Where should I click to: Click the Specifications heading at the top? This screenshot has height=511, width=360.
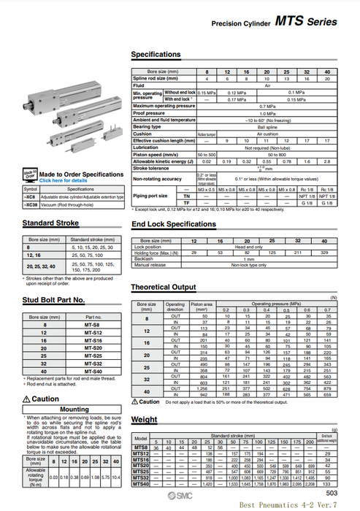(156, 55)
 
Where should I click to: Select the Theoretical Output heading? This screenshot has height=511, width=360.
(164, 287)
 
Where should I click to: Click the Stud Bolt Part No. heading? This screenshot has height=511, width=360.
(53, 299)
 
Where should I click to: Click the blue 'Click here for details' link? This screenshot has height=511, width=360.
(65, 180)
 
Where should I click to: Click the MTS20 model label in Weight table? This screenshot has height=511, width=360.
(141, 465)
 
